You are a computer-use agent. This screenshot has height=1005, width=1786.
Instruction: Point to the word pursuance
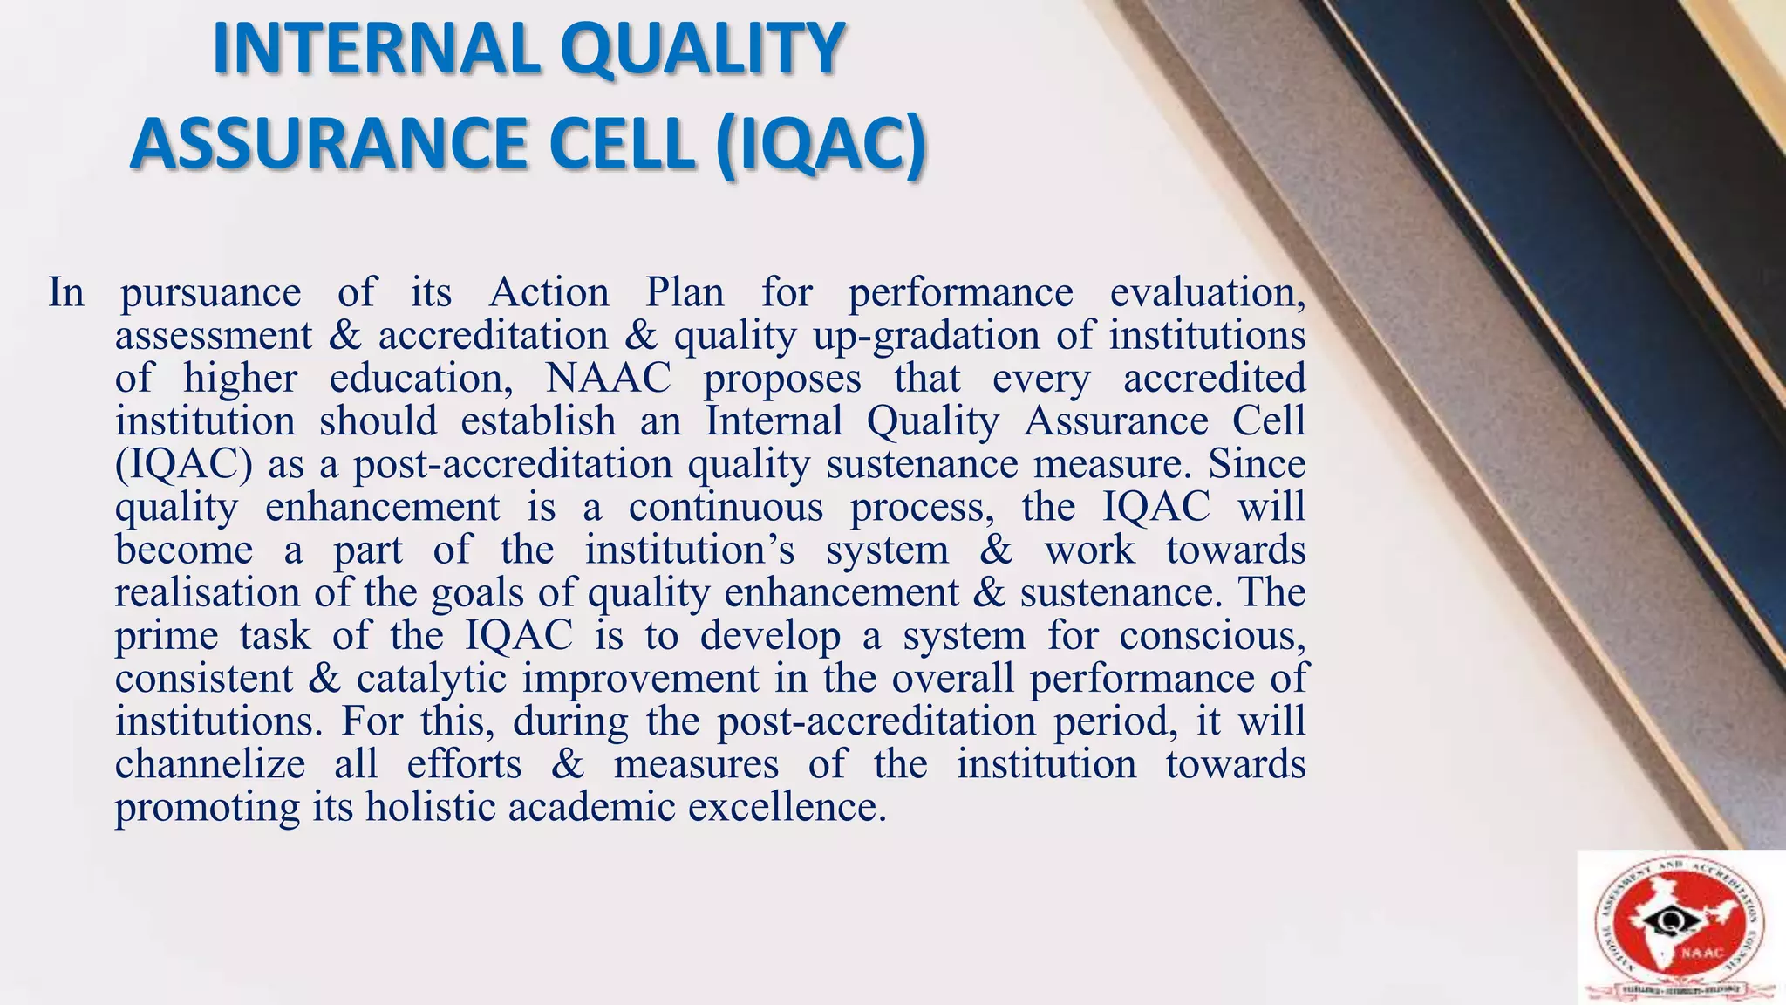pos(210,293)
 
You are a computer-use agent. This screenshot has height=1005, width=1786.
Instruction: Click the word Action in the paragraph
pos(549,291)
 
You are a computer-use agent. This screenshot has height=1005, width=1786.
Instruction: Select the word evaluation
pos(1208,291)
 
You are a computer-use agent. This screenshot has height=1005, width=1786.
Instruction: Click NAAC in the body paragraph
pos(609,378)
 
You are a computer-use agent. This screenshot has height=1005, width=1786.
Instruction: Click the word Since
pos(1257,463)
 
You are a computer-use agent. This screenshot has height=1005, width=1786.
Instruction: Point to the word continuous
pos(726,506)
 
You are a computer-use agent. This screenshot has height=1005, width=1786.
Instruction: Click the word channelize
pos(210,764)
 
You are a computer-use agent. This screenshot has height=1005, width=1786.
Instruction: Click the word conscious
pos(1212,635)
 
